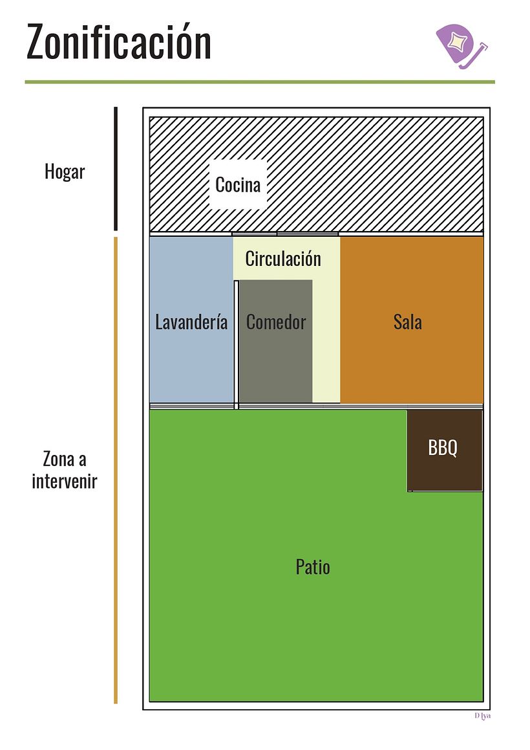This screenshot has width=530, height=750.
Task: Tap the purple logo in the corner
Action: tap(461, 47)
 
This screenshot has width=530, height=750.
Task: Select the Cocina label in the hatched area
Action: tap(238, 184)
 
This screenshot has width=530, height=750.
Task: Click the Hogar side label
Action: tap(65, 171)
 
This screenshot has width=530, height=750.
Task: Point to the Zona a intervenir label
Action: tap(65, 470)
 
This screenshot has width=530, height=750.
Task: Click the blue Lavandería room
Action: tap(191, 320)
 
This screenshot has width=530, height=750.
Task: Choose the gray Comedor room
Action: tap(276, 341)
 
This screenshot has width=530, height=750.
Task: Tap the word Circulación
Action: tap(283, 259)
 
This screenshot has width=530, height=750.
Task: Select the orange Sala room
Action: tap(412, 320)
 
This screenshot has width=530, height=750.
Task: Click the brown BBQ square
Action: tap(445, 450)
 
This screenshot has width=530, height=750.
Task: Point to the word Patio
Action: tap(313, 567)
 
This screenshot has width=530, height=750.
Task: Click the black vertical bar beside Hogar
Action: tap(116, 169)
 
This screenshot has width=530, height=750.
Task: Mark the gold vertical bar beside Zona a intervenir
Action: tap(116, 470)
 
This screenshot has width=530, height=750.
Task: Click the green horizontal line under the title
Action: tap(260, 82)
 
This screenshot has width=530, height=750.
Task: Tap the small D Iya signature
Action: tap(483, 716)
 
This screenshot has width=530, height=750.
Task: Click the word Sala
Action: tap(408, 322)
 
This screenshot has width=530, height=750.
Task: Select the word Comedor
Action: tap(276, 322)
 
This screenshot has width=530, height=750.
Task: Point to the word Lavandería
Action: tap(191, 322)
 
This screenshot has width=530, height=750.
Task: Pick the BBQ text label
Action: tap(443, 448)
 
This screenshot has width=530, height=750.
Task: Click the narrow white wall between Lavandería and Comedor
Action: tap(236, 345)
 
